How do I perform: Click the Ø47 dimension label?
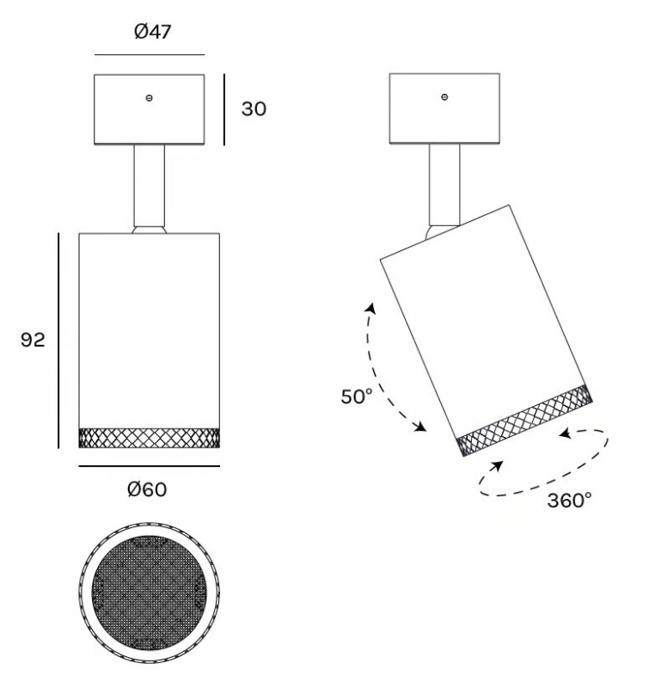(153, 32)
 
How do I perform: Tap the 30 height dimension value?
(254, 109)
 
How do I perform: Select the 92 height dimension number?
(33, 340)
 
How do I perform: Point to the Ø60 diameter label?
(147, 489)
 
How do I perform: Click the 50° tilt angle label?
(357, 396)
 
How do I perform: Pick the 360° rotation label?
(569, 501)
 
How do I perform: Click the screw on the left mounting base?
(149, 98)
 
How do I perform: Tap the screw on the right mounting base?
(444, 97)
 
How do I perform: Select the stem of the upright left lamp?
(149, 185)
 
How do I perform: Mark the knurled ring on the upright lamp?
(149, 438)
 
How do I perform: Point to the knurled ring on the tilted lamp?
(524, 421)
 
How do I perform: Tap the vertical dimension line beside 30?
(224, 109)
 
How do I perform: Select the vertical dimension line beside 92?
(58, 341)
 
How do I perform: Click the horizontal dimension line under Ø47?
(150, 55)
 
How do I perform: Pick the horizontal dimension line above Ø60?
(149, 466)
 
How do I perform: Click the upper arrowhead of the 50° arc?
(371, 308)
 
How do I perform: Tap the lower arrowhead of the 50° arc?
(420, 427)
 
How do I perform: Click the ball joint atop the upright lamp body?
(149, 229)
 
